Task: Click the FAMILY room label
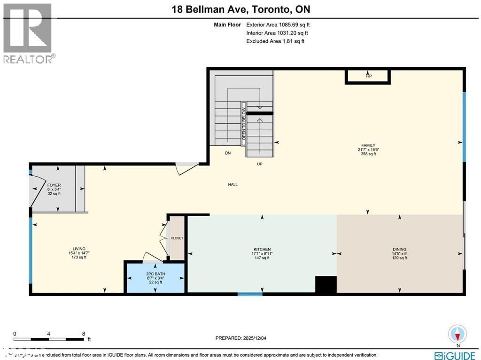coord(368,146)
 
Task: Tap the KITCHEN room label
coord(262,250)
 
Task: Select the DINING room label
coord(399,250)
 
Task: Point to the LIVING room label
coord(78,249)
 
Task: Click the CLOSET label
coord(177,238)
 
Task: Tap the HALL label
coord(233,185)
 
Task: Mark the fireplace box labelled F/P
coord(368,76)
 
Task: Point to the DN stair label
coord(228,153)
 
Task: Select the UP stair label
coord(259,164)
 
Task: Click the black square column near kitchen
coord(326,284)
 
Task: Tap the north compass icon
coord(458,334)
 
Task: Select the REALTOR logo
coord(28,33)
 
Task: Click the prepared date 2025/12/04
coord(243,338)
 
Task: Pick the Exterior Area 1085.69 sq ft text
coord(277,24)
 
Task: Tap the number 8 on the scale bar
coord(84,333)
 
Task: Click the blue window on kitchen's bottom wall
coord(250,294)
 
